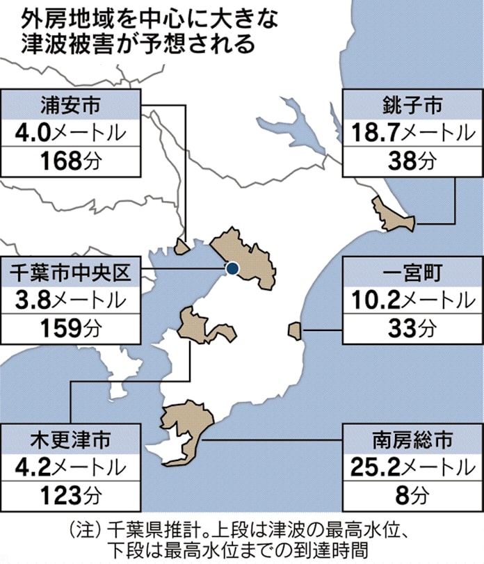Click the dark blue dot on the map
coord(232,269)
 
